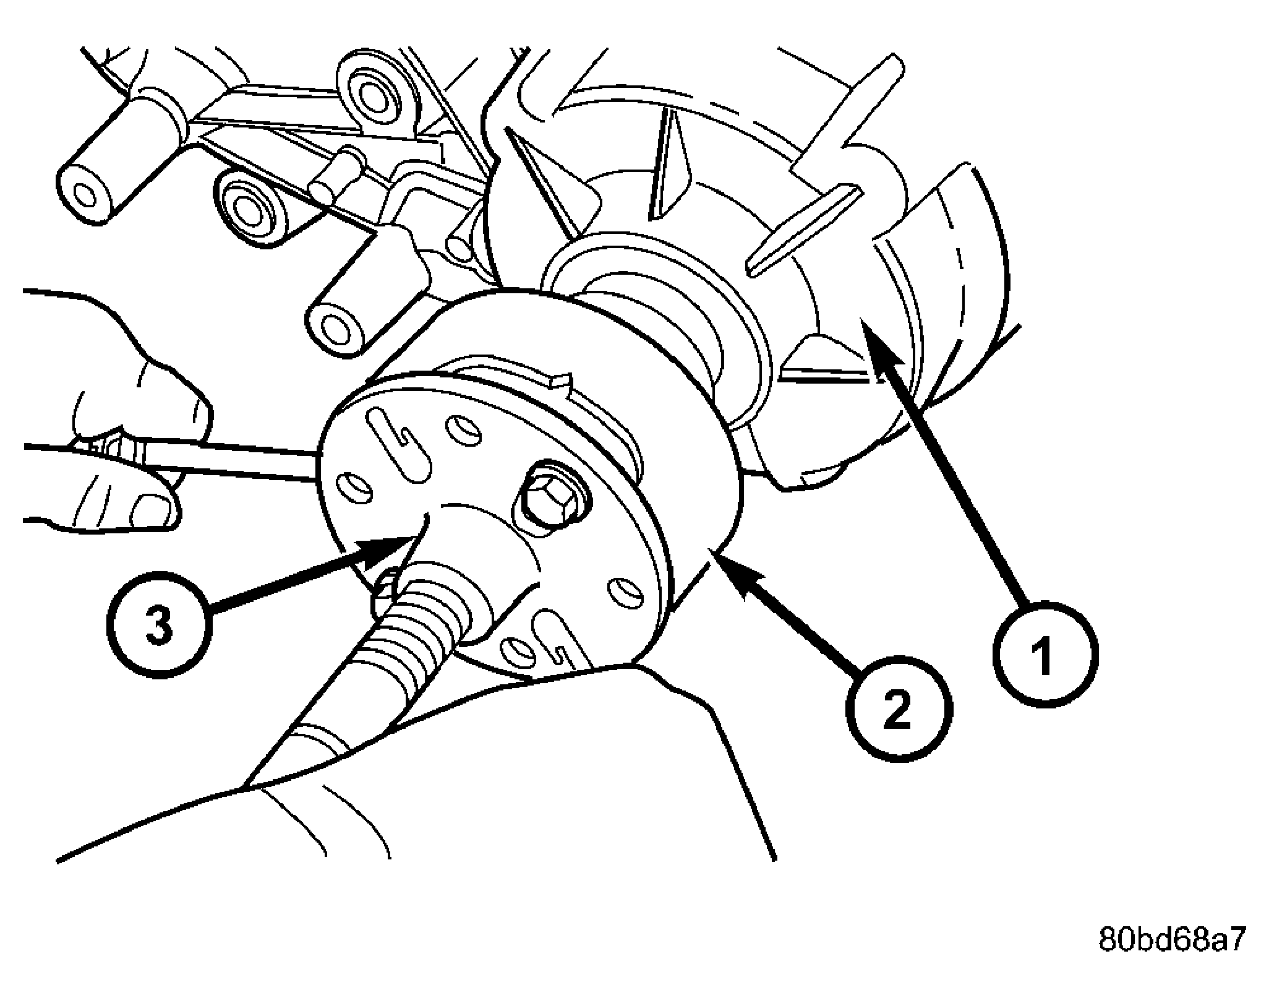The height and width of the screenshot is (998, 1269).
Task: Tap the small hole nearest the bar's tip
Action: (x=353, y=488)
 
